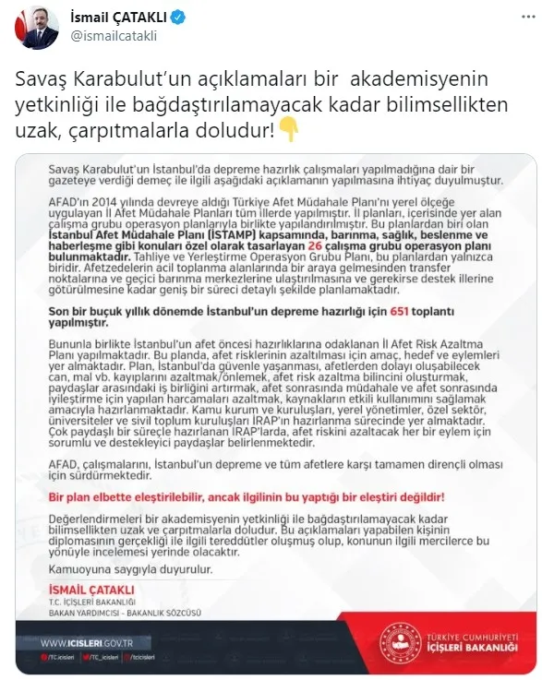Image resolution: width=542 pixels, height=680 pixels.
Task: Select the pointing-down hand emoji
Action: [x=289, y=132]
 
